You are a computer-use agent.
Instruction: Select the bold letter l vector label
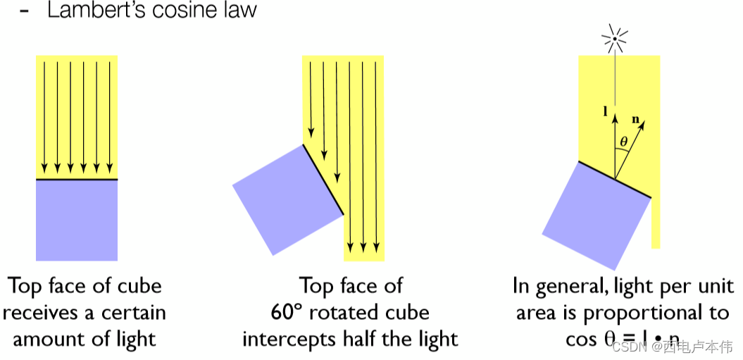tap(606, 111)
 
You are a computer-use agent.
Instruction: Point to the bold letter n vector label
tap(636, 120)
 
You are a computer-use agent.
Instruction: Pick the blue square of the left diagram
tap(77, 220)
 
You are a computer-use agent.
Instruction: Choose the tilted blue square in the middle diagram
tap(287, 199)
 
